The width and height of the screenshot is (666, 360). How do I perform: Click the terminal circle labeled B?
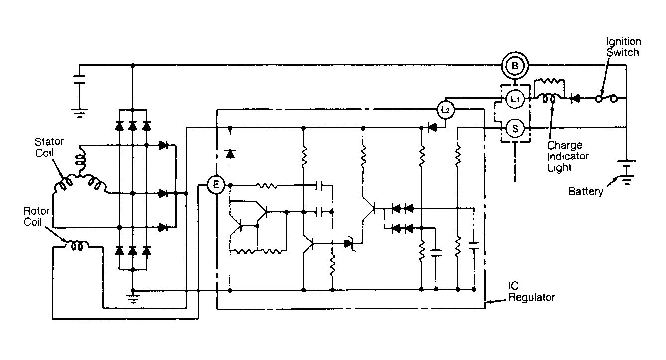click(x=515, y=66)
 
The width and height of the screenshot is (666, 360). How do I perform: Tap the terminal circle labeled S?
click(x=515, y=128)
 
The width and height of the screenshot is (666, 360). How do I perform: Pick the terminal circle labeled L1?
click(x=515, y=98)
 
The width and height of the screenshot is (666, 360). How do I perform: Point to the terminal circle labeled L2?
click(x=445, y=110)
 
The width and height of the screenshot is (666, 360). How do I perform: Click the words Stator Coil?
click(x=49, y=147)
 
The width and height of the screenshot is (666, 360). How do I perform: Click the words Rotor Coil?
click(x=36, y=216)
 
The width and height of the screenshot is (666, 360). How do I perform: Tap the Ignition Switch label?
click(x=623, y=47)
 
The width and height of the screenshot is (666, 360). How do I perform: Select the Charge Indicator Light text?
click(x=567, y=156)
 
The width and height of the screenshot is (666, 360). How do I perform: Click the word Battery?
click(x=586, y=191)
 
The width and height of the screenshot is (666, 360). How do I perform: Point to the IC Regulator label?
click(x=531, y=292)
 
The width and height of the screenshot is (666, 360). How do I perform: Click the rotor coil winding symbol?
click(x=77, y=246)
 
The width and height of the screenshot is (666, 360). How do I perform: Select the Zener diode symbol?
click(x=349, y=244)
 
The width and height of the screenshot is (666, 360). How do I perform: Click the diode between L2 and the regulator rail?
click(x=432, y=128)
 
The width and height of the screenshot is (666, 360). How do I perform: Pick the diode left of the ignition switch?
click(x=575, y=98)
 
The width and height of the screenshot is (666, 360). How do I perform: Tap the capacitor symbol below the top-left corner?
click(x=79, y=80)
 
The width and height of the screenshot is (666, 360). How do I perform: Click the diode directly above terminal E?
click(x=230, y=153)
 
